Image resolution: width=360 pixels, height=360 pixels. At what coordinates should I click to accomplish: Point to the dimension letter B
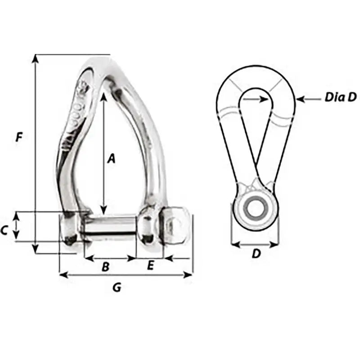[x=105, y=267]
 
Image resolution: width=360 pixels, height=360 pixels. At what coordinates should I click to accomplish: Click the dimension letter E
[x=150, y=265]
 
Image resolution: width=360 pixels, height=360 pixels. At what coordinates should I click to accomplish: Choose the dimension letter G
[x=117, y=288]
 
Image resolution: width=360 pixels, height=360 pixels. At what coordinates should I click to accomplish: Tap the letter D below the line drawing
[x=256, y=254]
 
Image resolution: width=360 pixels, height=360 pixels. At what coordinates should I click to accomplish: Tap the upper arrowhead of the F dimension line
[x=35, y=58]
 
